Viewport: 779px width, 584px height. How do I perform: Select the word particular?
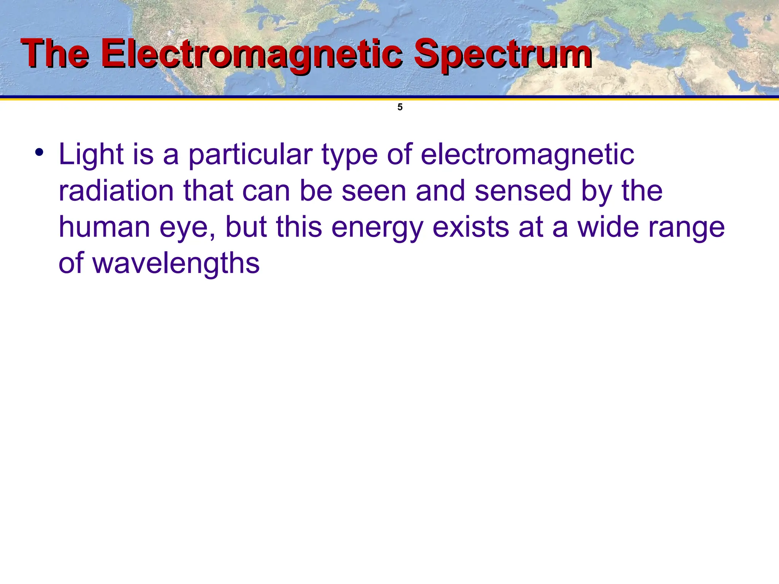[x=250, y=155]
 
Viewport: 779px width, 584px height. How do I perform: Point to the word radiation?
[x=116, y=191]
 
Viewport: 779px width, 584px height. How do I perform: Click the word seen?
[x=374, y=191]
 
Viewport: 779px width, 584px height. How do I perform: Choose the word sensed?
[x=523, y=191]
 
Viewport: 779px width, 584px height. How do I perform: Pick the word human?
[x=104, y=227]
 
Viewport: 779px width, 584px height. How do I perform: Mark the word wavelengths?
[x=176, y=264]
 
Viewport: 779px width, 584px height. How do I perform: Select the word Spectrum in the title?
[x=502, y=55]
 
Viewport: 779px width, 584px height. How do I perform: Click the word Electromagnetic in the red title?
[x=251, y=55]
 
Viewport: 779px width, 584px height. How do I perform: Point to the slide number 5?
[x=400, y=107]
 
